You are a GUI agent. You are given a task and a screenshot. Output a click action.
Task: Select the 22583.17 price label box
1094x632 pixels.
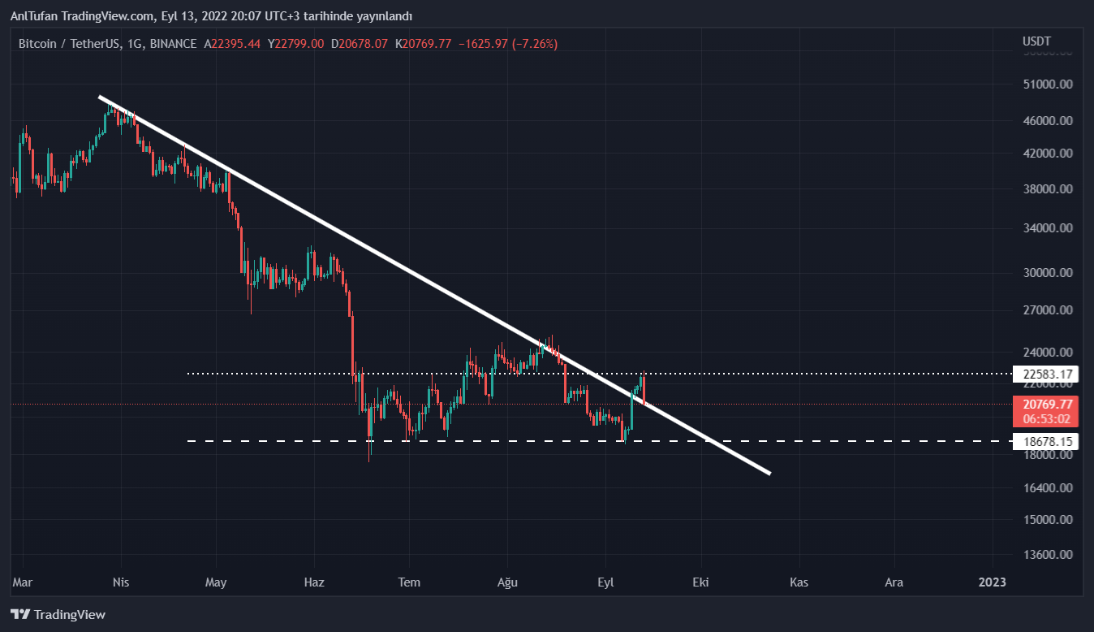point(1048,374)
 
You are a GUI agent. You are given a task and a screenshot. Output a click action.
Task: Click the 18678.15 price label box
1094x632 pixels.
point(1048,442)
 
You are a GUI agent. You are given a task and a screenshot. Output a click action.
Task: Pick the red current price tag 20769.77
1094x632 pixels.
point(1048,404)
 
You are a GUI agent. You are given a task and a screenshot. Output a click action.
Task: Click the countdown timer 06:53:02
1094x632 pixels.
point(1048,418)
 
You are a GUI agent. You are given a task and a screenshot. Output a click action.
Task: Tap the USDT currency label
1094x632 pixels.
point(1036,41)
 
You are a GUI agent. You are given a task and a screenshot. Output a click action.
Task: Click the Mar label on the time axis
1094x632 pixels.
point(23,582)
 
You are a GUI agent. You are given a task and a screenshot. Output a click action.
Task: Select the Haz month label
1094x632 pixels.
point(314,582)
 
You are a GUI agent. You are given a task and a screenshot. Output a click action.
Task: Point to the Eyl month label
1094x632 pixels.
point(605,582)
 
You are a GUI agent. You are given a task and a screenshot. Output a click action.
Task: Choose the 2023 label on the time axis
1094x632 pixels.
point(993,582)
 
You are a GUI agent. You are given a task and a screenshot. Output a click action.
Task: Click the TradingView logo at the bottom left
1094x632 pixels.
point(58,615)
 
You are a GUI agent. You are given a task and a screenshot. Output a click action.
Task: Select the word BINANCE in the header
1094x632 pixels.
point(173,44)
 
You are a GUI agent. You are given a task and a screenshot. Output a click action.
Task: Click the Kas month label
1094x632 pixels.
point(799,582)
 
